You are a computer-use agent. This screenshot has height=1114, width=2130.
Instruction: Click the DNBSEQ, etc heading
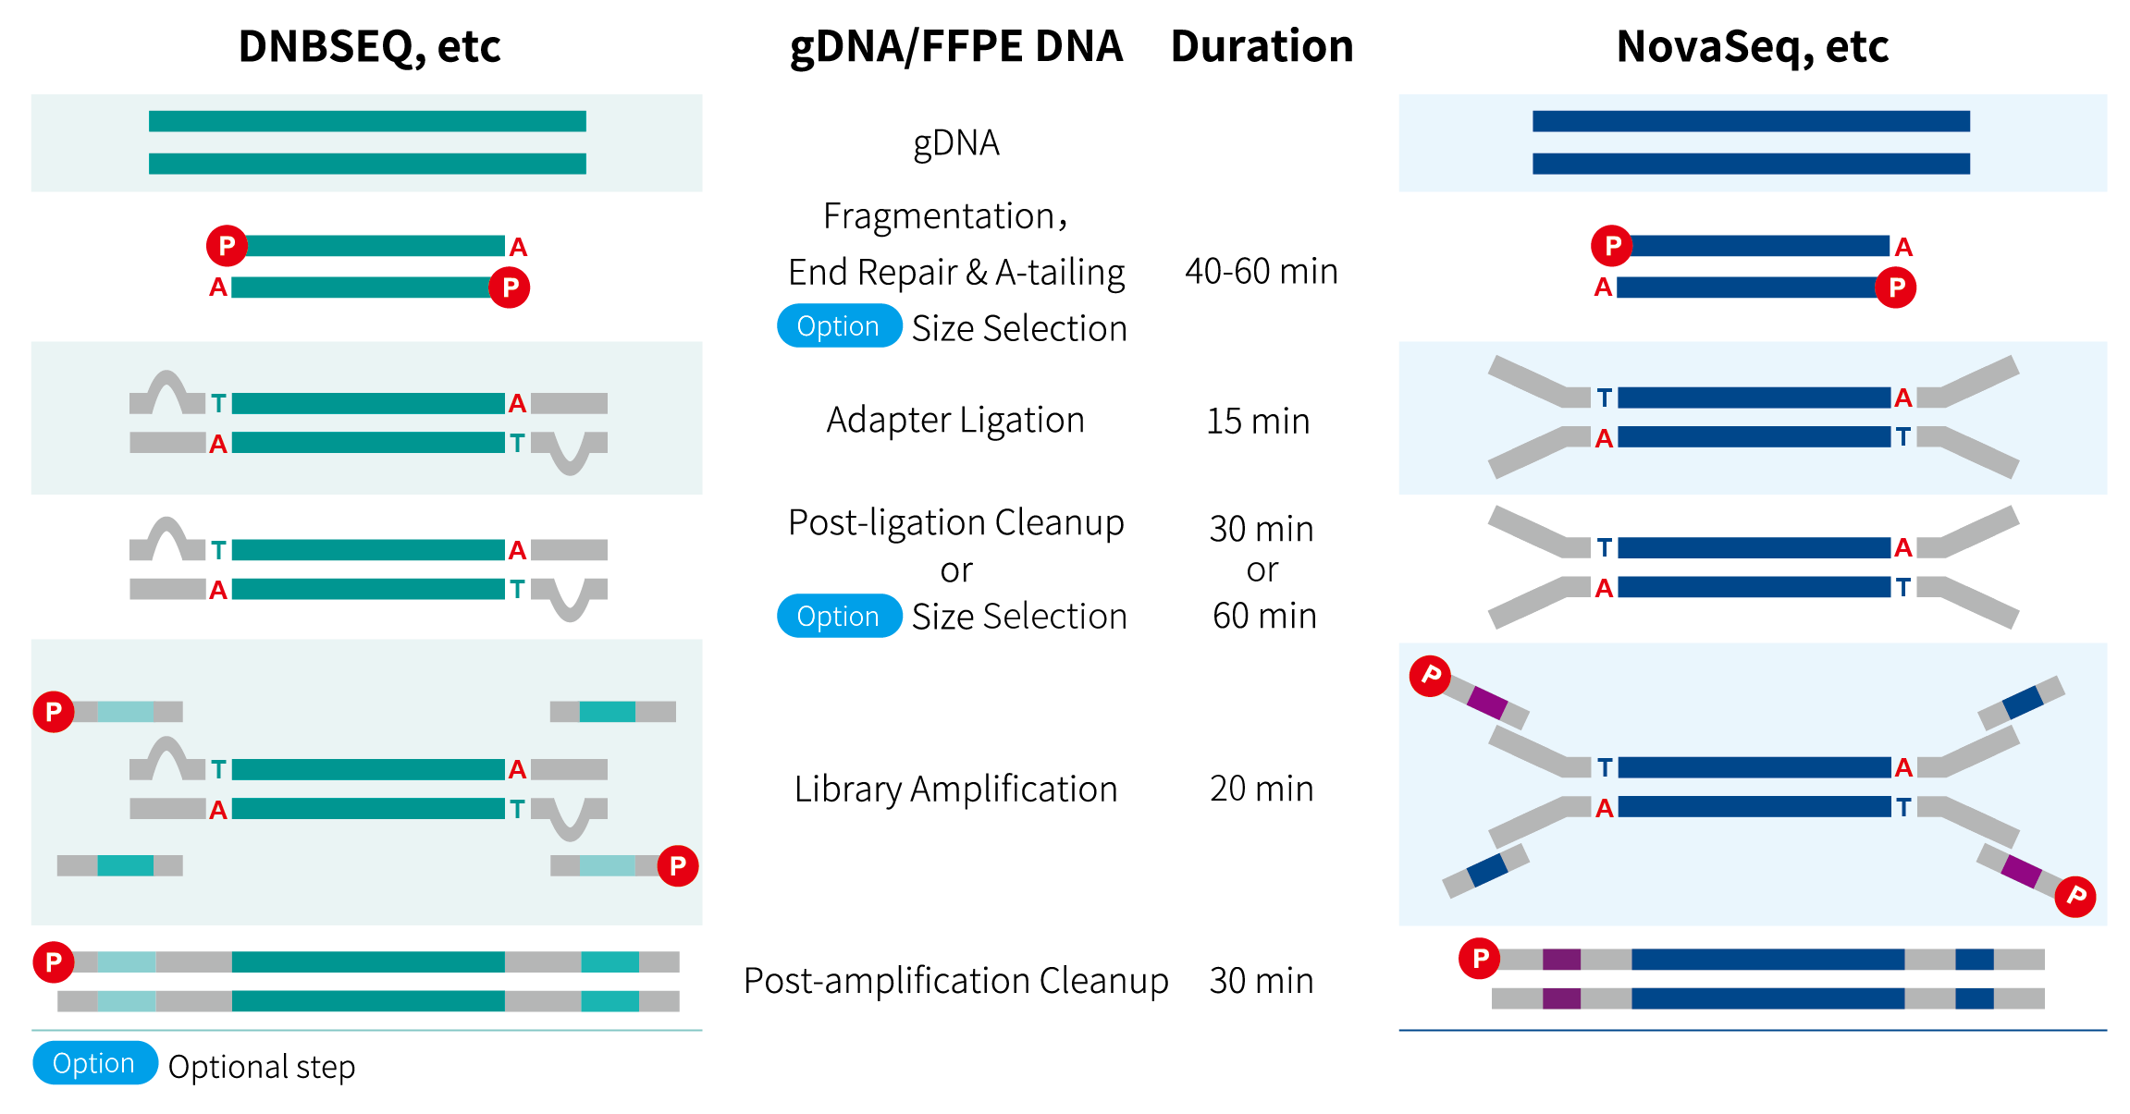tap(369, 46)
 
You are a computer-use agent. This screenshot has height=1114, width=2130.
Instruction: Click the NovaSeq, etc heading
tap(1752, 46)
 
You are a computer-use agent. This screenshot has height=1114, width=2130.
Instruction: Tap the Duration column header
tap(1262, 46)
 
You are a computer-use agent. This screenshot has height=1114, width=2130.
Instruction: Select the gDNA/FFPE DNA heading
tap(956, 46)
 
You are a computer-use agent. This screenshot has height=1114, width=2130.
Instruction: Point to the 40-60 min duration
tap(1262, 272)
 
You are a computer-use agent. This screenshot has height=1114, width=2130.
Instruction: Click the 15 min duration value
tap(1258, 422)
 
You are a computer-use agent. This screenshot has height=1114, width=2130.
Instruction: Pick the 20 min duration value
tap(1262, 789)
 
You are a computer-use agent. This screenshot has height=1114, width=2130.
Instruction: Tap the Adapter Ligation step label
tap(955, 421)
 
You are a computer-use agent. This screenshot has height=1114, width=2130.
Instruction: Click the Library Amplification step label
tap(955, 790)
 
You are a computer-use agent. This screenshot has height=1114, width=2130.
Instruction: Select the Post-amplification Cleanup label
tap(955, 981)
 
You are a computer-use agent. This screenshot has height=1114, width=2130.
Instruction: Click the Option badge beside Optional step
tap(94, 1064)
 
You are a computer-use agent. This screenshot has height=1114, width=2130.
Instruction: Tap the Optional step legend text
tap(262, 1067)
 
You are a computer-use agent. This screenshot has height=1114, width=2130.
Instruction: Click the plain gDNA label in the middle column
tap(956, 143)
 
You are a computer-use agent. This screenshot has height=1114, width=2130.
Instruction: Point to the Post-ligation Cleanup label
tap(955, 523)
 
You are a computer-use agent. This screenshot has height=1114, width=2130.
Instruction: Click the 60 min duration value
tap(1264, 616)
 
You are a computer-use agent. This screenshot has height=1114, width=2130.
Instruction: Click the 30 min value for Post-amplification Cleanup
tap(1262, 981)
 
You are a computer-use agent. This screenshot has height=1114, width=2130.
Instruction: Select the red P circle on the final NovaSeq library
tap(1480, 959)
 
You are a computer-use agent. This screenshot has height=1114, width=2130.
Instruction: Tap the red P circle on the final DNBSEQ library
tap(54, 962)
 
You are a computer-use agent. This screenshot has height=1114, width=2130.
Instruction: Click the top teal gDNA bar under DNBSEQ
tap(367, 121)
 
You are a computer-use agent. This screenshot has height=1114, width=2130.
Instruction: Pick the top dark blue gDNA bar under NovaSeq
tap(1751, 121)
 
